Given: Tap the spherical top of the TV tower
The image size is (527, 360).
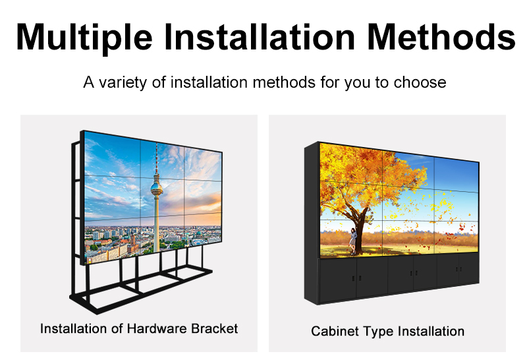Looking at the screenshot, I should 157,189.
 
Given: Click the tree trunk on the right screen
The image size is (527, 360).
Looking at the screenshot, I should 360,224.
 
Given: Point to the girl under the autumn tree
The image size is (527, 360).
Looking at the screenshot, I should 354,238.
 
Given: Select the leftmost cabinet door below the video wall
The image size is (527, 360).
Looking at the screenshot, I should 337,280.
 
